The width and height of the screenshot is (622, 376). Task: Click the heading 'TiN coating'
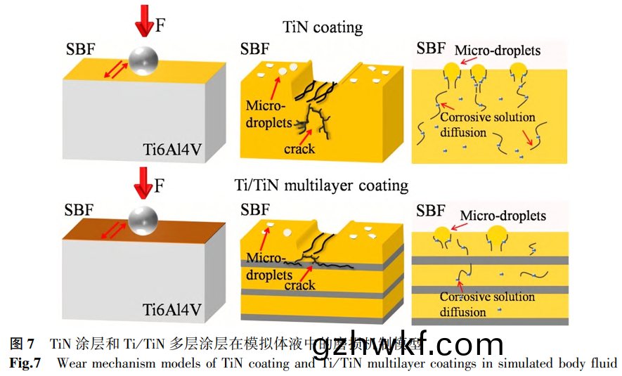(x=323, y=27)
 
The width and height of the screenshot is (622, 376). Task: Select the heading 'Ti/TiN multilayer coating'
(x=321, y=186)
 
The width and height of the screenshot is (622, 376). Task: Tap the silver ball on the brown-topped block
(x=144, y=219)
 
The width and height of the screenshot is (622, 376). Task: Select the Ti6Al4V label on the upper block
(x=172, y=149)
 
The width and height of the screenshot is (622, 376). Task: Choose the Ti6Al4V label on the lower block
(x=172, y=309)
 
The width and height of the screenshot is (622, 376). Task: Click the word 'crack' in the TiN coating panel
(x=299, y=149)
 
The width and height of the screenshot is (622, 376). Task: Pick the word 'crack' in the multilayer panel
(x=299, y=285)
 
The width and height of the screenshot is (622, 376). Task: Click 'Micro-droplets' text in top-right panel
(x=498, y=51)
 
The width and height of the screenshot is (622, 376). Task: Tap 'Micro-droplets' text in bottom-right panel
(x=503, y=215)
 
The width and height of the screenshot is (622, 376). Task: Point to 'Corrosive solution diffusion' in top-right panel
(x=487, y=124)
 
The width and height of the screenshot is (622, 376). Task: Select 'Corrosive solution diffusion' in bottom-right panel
(x=487, y=304)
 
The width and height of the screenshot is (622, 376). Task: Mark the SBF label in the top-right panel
(x=431, y=48)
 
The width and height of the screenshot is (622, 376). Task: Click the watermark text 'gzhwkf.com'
(x=408, y=346)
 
